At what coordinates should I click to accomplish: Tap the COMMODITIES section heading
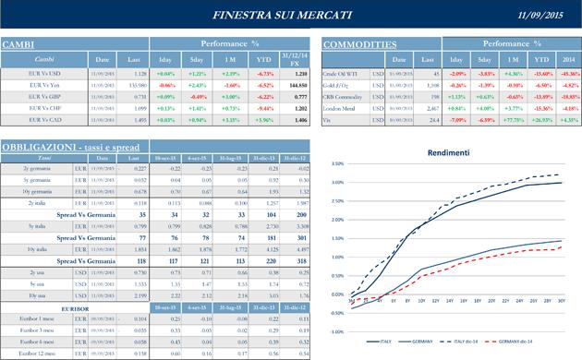(x=359, y=44)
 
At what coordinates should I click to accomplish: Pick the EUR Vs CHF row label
(x=45, y=107)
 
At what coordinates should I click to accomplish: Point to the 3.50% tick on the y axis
(x=336, y=164)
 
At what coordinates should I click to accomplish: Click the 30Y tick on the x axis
(x=563, y=301)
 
